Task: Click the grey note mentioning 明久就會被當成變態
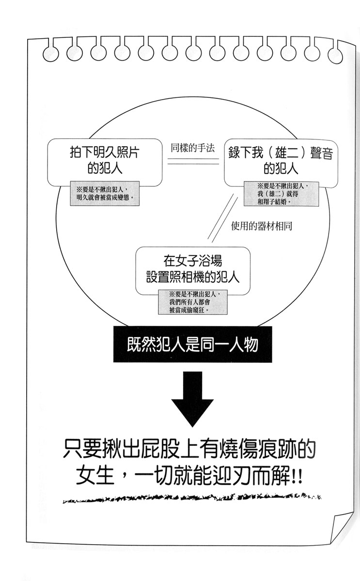pos(105,194)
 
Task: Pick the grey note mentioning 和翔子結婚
pos(281,194)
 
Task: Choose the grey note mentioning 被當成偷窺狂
pos(193,302)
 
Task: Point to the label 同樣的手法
pos(192,148)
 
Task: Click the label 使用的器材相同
pos(261,226)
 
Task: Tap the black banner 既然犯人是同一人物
pos(192,344)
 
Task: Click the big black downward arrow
pos(192,399)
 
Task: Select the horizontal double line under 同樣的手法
pos(193,161)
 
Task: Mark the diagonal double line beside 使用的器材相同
pos(222,219)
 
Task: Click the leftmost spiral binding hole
pos(50,54)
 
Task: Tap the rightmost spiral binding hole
pos(335,55)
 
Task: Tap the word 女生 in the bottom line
pos(95,475)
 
